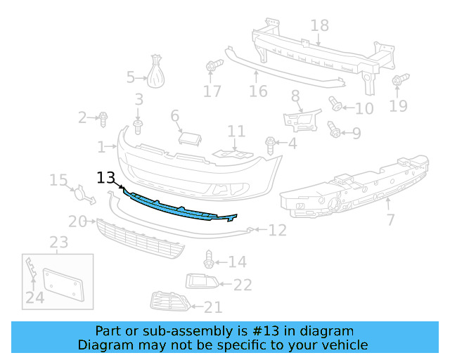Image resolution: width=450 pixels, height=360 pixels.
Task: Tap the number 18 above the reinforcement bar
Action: click(x=319, y=26)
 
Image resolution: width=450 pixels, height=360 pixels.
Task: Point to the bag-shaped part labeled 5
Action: click(x=156, y=72)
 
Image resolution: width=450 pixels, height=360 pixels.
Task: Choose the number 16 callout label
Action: click(x=258, y=91)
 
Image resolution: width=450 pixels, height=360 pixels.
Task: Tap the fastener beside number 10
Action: click(x=336, y=106)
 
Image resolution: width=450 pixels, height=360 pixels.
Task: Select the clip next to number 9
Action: click(x=334, y=129)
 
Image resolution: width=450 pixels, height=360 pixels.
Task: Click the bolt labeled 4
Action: click(x=271, y=144)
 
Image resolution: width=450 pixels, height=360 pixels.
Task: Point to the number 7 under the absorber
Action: click(x=390, y=220)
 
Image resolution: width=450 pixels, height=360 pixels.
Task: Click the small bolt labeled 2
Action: click(x=103, y=117)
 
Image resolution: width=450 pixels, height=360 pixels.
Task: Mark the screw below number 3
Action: click(x=139, y=127)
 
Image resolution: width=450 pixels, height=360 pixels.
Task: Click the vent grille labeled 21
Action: click(x=171, y=303)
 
